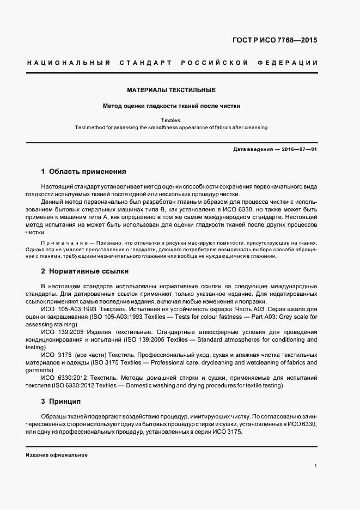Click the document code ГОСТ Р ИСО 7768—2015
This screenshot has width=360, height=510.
(x=275, y=40)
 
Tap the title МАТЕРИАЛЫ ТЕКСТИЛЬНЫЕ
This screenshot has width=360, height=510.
(x=172, y=90)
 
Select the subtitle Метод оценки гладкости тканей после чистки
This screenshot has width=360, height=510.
(x=172, y=106)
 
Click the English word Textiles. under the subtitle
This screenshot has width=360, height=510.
(x=172, y=120)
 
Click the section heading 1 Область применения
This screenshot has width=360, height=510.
(x=83, y=171)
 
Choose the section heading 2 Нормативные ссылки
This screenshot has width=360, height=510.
(x=84, y=271)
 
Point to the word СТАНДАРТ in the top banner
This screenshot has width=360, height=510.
(x=142, y=63)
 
